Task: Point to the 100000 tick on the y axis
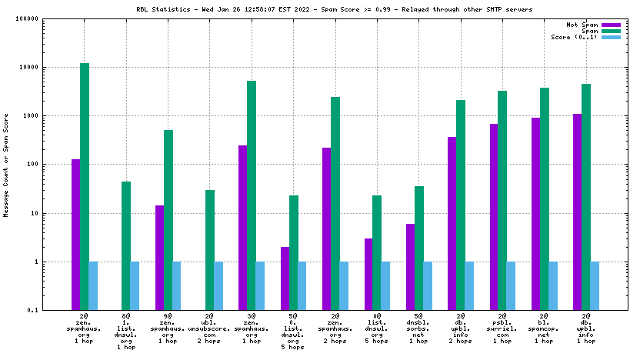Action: tap(48, 18)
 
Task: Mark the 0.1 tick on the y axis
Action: tap(55, 310)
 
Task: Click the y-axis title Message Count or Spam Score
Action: tap(6, 165)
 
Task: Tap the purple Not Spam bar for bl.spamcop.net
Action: tap(535, 214)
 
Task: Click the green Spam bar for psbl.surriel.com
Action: tap(502, 200)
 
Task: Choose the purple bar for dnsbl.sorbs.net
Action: tap(410, 267)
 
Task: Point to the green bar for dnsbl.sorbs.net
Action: tap(418, 248)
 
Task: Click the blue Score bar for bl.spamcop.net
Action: tap(552, 285)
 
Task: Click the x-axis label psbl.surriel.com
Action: tap(502, 329)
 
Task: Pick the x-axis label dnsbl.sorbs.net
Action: tap(418, 329)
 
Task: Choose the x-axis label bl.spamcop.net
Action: tap(544, 329)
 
